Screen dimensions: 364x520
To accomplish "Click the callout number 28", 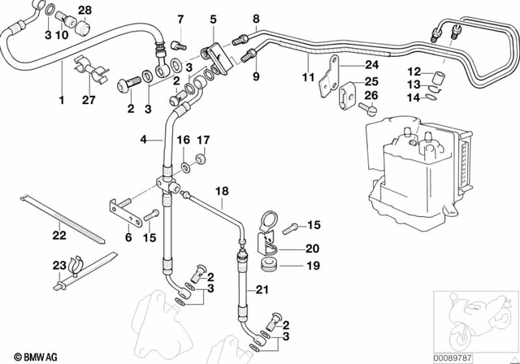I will pos(84,9).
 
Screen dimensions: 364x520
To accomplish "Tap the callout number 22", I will pos(58,236).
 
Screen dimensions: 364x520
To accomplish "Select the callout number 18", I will pos(222,192).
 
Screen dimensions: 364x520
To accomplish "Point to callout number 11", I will pos(308,79).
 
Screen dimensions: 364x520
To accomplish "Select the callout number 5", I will pos(213,18).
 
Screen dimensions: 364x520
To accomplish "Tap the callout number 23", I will pos(58,266).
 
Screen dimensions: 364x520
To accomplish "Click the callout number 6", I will pos(128,237).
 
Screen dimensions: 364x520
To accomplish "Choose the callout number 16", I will pos(183,140).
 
